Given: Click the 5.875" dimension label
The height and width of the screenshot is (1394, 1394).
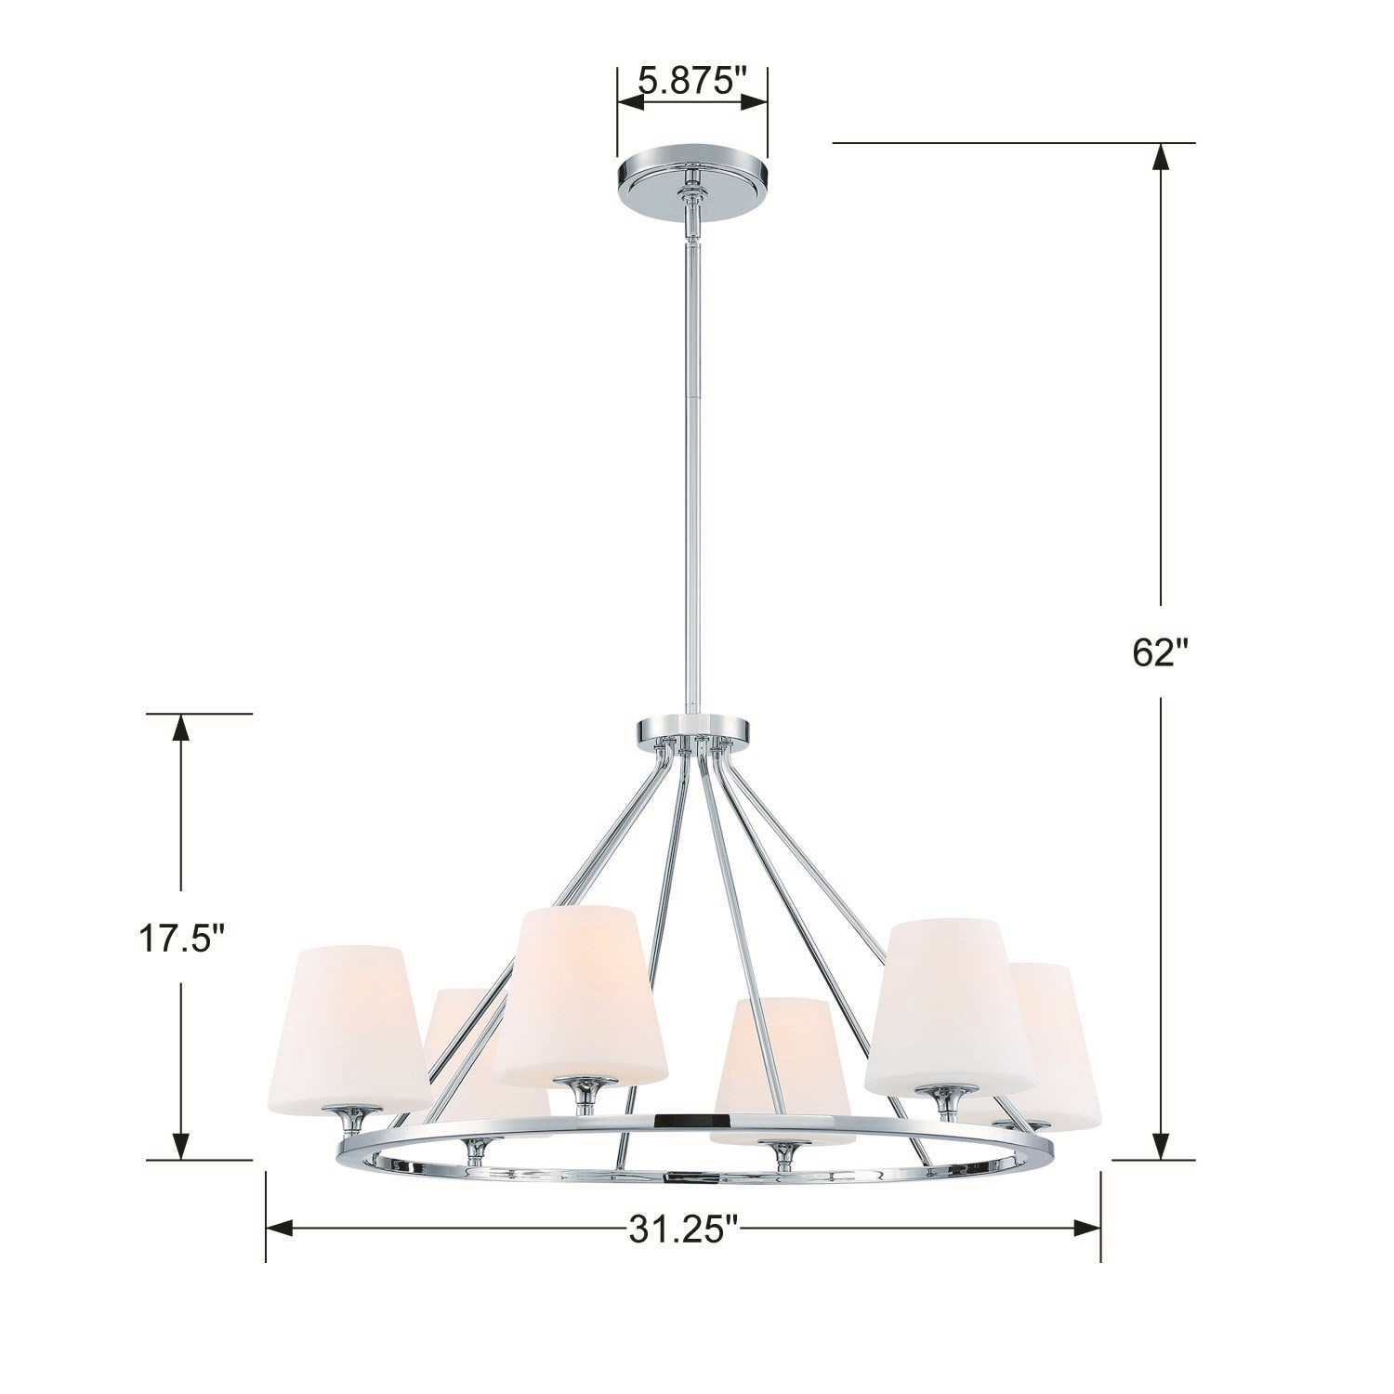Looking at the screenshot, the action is click(693, 81).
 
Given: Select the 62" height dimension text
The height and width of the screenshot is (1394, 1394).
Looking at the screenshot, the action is click(1161, 652).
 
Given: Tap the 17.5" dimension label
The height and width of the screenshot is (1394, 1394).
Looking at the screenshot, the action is click(182, 940).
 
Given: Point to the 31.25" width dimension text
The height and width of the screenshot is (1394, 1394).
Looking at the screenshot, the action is click(683, 1230).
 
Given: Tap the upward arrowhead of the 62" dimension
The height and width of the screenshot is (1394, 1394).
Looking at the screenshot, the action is click(1161, 160).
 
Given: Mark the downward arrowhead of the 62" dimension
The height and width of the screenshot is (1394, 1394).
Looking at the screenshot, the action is click(1161, 1144).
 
